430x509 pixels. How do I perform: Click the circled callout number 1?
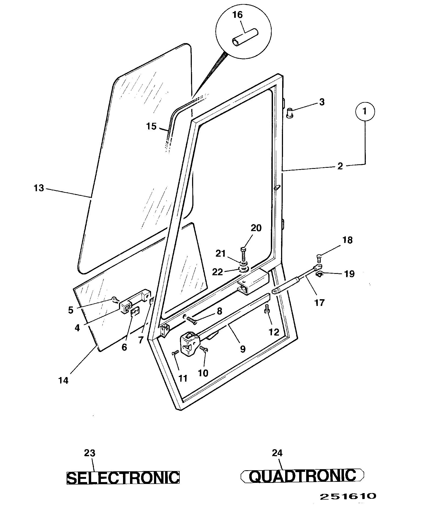coord(365,111)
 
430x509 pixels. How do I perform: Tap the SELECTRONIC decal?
coord(123,477)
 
